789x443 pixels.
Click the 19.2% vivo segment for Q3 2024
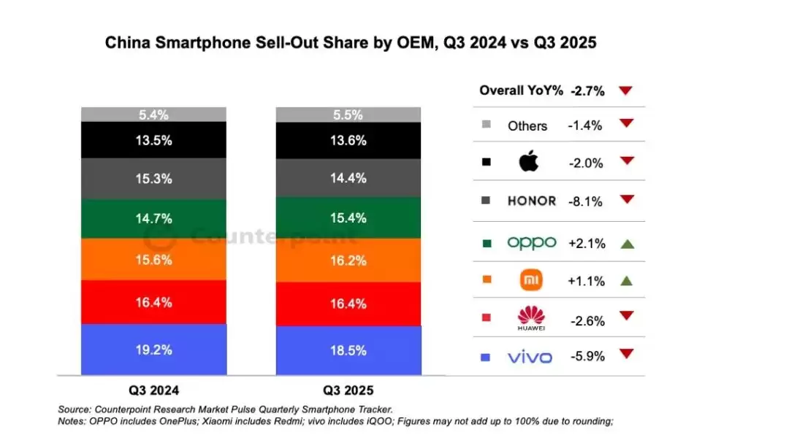point(153,350)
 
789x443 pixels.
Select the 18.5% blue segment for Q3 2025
point(348,350)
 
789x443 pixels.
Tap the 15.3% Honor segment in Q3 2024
point(153,178)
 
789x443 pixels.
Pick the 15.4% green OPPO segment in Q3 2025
point(348,218)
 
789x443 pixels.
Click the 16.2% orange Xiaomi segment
point(348,260)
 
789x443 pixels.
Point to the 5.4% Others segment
point(153,115)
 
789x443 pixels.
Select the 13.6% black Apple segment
point(348,141)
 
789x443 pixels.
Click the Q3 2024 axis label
point(153,390)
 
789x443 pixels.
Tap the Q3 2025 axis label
point(348,390)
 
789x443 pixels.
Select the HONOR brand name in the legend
point(531,201)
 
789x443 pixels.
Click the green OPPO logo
point(531,242)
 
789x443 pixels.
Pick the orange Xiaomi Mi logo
point(530,280)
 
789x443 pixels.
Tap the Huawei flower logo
point(531,317)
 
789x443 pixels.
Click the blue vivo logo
point(530,357)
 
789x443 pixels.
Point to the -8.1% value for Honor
point(585,201)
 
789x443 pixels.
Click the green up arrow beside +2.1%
point(626,243)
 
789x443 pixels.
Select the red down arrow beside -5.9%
point(626,355)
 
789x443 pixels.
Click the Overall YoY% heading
point(521,90)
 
